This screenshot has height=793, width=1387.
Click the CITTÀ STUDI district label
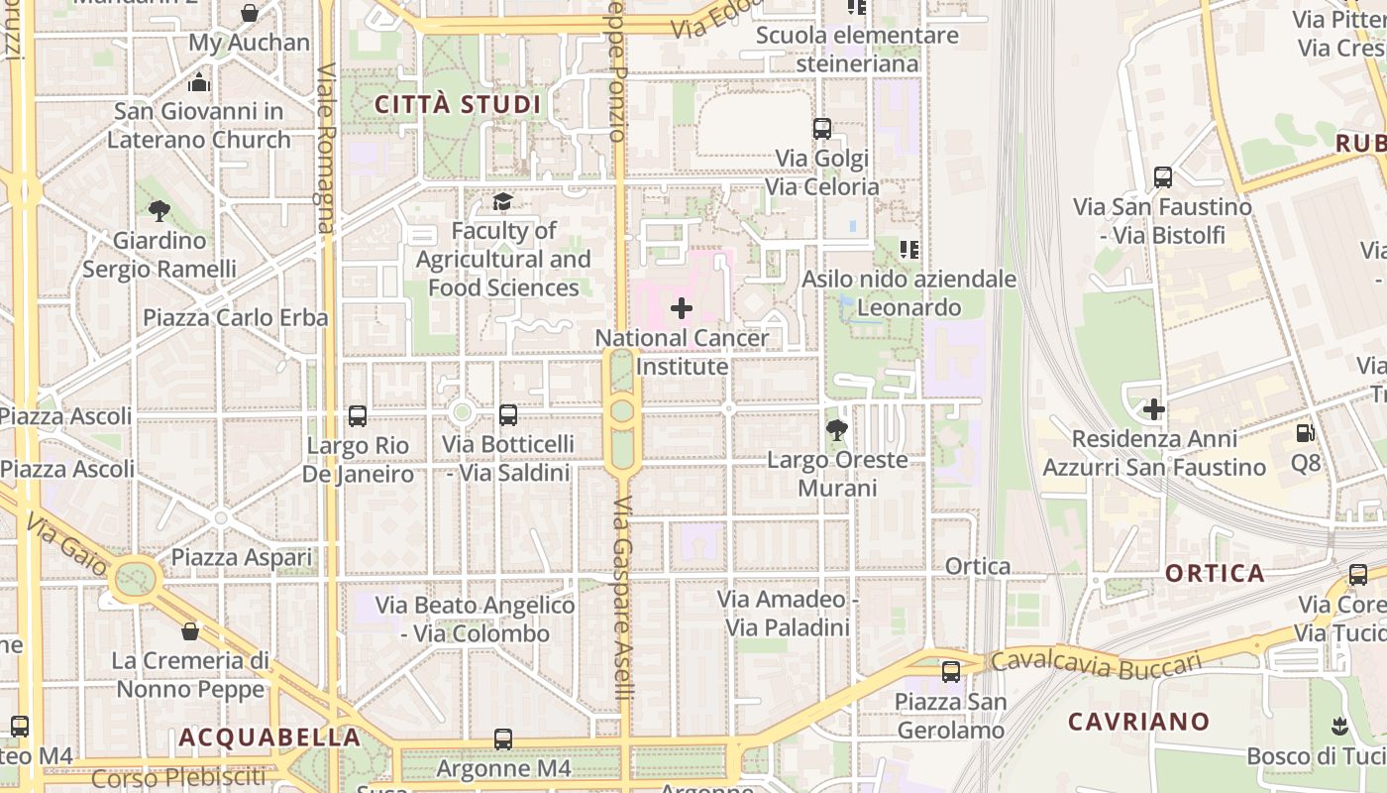pyautogui.click(x=458, y=104)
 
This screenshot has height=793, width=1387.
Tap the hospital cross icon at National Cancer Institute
pyautogui.click(x=682, y=308)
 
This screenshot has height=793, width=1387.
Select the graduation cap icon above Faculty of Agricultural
pyautogui.click(x=502, y=202)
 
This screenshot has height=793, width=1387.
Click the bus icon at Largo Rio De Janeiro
pyautogui.click(x=358, y=416)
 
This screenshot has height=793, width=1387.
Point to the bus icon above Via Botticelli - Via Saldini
pyautogui.click(x=508, y=415)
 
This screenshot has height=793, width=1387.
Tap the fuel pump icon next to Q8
pyautogui.click(x=1306, y=433)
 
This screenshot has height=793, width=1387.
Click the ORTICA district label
pyautogui.click(x=1215, y=573)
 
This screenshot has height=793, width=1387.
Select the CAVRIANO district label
pyautogui.click(x=1138, y=722)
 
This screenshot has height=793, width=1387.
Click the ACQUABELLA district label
pyautogui.click(x=269, y=737)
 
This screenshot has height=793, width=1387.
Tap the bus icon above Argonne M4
pyautogui.click(x=503, y=739)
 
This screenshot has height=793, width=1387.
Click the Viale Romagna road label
pyautogui.click(x=327, y=149)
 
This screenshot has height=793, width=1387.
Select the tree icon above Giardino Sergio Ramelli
pyautogui.click(x=159, y=210)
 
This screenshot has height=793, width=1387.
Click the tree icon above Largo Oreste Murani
pyautogui.click(x=837, y=430)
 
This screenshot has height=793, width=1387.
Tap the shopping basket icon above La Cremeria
pyautogui.click(x=190, y=631)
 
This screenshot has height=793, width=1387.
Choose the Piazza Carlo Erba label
pyautogui.click(x=236, y=318)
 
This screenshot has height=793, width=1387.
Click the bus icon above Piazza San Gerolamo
pyautogui.click(x=951, y=672)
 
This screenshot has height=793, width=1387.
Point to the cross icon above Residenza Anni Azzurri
pyautogui.click(x=1154, y=408)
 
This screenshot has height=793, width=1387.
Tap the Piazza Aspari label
pyautogui.click(x=242, y=557)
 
